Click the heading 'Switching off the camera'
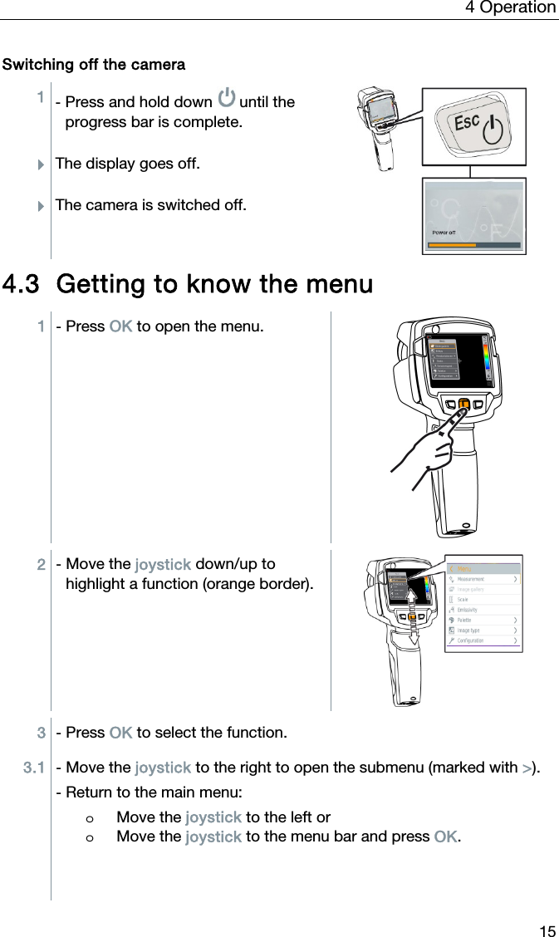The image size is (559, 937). (x=94, y=65)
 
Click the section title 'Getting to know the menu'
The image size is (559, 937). (x=188, y=284)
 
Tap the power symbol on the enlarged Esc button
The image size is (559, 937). (x=493, y=130)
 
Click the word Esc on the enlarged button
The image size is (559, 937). (x=467, y=123)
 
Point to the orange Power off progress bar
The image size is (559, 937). (x=454, y=245)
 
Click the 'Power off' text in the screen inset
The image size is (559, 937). (x=444, y=233)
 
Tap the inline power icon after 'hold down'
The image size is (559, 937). (x=226, y=100)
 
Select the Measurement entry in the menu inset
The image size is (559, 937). (x=471, y=579)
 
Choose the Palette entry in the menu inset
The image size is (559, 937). (x=464, y=620)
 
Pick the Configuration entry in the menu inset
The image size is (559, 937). (x=470, y=640)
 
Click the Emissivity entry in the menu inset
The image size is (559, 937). (x=468, y=610)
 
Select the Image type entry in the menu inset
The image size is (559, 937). (x=468, y=630)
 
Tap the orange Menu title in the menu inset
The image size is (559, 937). (x=464, y=568)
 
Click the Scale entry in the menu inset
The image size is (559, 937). (x=463, y=599)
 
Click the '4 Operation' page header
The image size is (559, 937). (x=510, y=7)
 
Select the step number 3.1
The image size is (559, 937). (x=34, y=768)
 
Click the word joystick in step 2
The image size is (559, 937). (x=163, y=566)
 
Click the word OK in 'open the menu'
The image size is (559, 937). (x=120, y=326)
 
